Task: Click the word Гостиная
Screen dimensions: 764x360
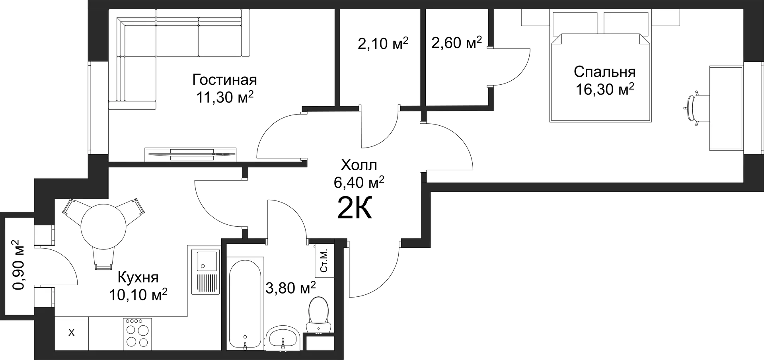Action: (x=224, y=80)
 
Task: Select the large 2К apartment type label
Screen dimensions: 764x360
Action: (x=354, y=208)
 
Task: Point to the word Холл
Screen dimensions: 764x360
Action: (x=359, y=165)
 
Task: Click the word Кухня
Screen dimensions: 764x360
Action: (x=138, y=277)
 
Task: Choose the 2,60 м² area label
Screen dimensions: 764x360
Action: (x=456, y=42)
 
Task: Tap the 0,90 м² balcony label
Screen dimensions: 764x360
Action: (x=18, y=265)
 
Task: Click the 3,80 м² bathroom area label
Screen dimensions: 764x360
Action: (x=290, y=287)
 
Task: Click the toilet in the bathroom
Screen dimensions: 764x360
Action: (x=319, y=314)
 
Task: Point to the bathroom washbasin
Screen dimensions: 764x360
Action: (x=283, y=339)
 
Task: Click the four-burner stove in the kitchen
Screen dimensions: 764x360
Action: (x=137, y=334)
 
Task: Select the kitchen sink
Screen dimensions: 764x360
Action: (x=205, y=272)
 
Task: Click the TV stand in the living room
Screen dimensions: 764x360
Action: (x=191, y=155)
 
